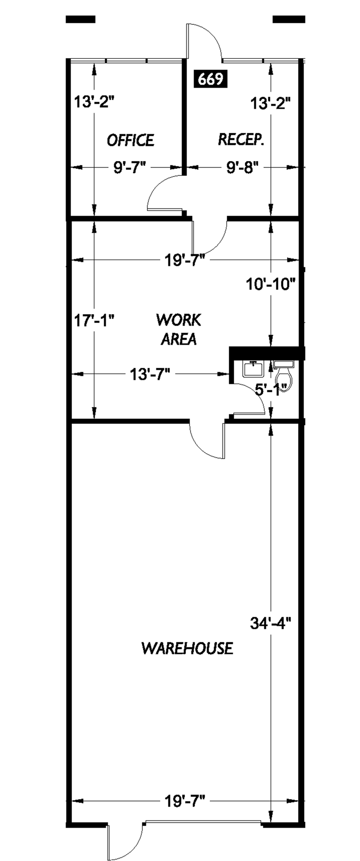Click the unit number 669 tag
pos(210,79)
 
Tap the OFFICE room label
pos(130,140)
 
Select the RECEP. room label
pos(241,140)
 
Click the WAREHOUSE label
pos(187,648)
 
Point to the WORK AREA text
pos(179,329)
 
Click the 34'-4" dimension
pos(270,623)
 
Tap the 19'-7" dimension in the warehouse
pos(184,802)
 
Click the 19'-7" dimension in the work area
pos(184,260)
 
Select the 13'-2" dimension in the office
pos(94,102)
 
